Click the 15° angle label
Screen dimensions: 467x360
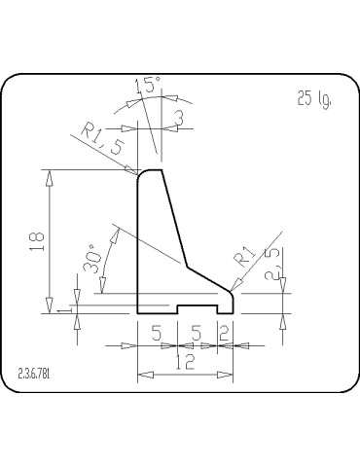pyautogui.click(x=148, y=88)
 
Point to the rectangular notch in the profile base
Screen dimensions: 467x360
pyautogui.click(x=195, y=308)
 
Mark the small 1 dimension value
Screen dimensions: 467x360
pyautogui.click(x=61, y=309)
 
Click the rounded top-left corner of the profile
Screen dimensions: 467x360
pyautogui.click(x=140, y=174)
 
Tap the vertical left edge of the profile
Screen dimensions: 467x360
pyautogui.click(x=137, y=243)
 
